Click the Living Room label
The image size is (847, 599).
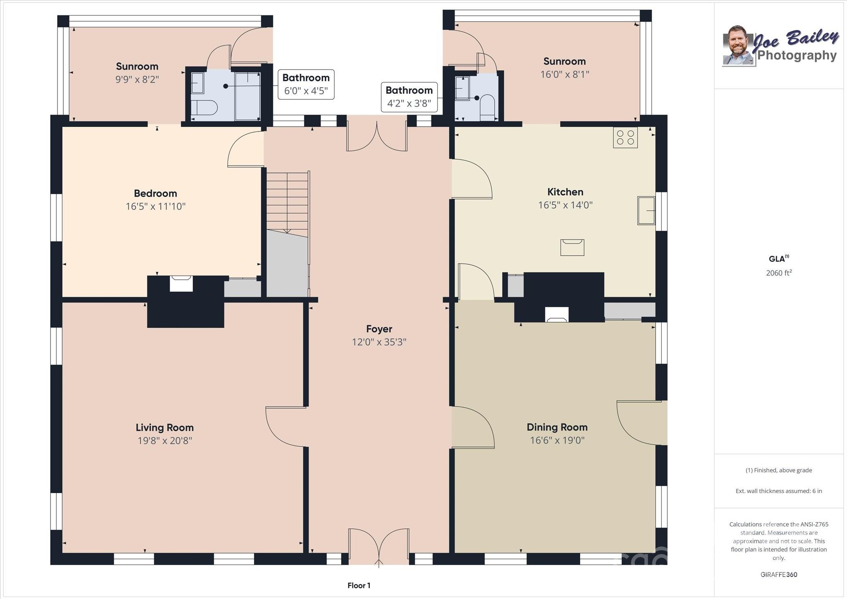(x=165, y=427)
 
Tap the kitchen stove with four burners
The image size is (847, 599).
(x=625, y=137)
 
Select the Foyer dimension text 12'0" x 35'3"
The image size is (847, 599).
(x=379, y=342)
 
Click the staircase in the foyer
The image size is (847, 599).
(x=287, y=204)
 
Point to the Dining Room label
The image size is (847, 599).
(x=557, y=427)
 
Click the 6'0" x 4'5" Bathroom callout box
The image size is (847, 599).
(x=306, y=84)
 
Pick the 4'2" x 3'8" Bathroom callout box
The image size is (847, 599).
(x=409, y=97)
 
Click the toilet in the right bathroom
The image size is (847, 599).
(x=487, y=108)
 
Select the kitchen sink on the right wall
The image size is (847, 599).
(x=646, y=211)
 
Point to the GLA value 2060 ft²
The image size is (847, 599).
(x=779, y=273)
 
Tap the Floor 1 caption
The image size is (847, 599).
(x=359, y=585)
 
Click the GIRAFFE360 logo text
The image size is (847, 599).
(x=779, y=575)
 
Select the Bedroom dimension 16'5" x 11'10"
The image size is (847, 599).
(x=156, y=206)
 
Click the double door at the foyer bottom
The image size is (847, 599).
(x=379, y=546)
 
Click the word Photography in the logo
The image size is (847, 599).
(x=797, y=55)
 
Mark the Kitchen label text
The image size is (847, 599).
(x=565, y=192)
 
